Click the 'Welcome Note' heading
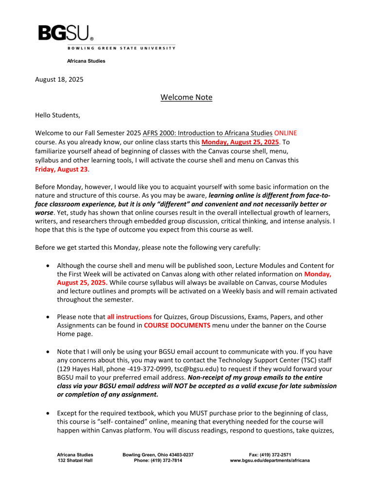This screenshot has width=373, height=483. click(186, 97)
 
